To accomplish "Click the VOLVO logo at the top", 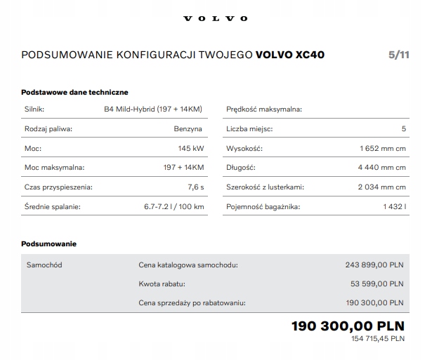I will click(216, 18).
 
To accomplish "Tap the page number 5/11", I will click(398, 55).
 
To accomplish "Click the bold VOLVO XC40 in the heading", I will click(290, 55).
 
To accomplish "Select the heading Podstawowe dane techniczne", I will click(74, 92).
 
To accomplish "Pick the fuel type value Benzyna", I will click(188, 129).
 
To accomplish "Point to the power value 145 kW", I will click(191, 149).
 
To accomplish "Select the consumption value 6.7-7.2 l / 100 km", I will click(174, 207).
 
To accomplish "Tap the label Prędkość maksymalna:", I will click(264, 109).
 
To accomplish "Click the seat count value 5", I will click(403, 129).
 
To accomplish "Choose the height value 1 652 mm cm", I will click(381, 149).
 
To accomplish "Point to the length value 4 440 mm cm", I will click(381, 168).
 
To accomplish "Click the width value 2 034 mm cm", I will click(381, 187).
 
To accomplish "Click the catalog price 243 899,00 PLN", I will click(374, 265).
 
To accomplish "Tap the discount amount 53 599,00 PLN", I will click(377, 284).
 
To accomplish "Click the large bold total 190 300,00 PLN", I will click(348, 326).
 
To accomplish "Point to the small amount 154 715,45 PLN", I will click(377, 339).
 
